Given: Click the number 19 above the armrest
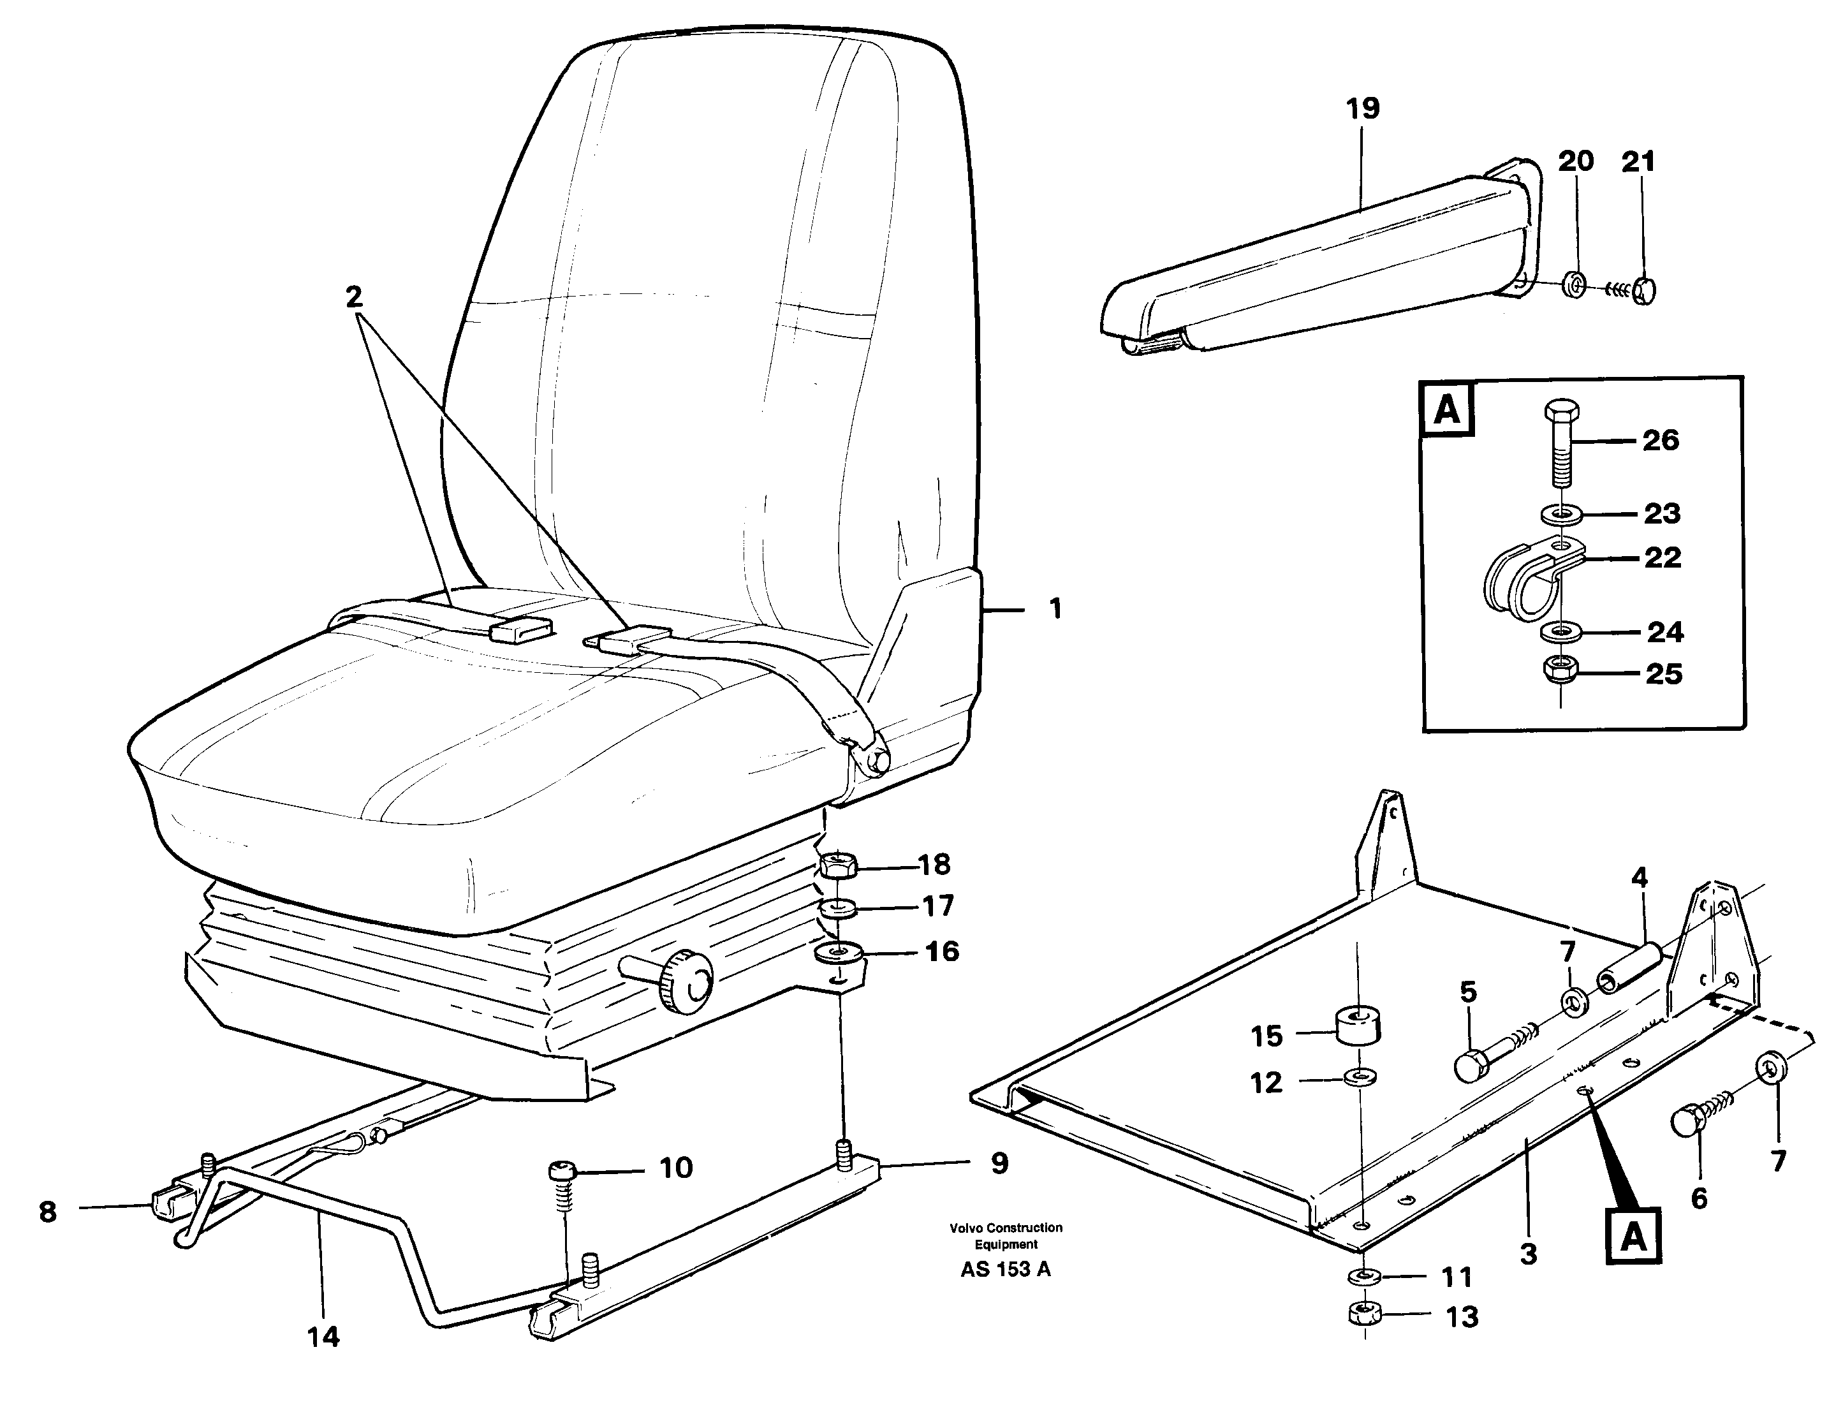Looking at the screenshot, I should (x=1362, y=109).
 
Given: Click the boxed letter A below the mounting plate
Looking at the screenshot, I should (x=1634, y=1237).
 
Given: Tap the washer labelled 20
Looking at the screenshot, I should (x=1571, y=285).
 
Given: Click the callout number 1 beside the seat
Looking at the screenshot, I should (x=1055, y=608).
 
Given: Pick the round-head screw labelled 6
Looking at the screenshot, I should (x=1685, y=1123).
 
